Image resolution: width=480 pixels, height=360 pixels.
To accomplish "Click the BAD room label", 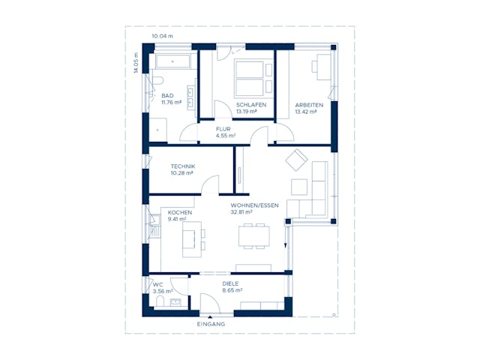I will tap(167, 96).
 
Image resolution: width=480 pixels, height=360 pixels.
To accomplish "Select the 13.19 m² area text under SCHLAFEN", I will tap(246, 112).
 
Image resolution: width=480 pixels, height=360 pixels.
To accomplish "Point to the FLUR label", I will tap(223, 129).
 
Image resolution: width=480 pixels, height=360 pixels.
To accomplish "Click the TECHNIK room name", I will tap(182, 166).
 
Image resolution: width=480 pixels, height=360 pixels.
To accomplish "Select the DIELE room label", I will tap(230, 283).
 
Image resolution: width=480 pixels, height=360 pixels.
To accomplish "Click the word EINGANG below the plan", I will tap(211, 324).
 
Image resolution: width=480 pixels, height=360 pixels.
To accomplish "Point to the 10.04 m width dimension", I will tap(162, 36).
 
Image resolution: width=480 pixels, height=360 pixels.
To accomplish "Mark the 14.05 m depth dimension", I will tap(136, 63).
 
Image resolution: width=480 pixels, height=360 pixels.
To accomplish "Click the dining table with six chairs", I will tap(253, 237).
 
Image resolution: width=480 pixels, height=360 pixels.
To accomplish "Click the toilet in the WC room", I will tap(160, 301).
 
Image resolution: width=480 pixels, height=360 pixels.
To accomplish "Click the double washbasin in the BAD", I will tap(190, 97).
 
